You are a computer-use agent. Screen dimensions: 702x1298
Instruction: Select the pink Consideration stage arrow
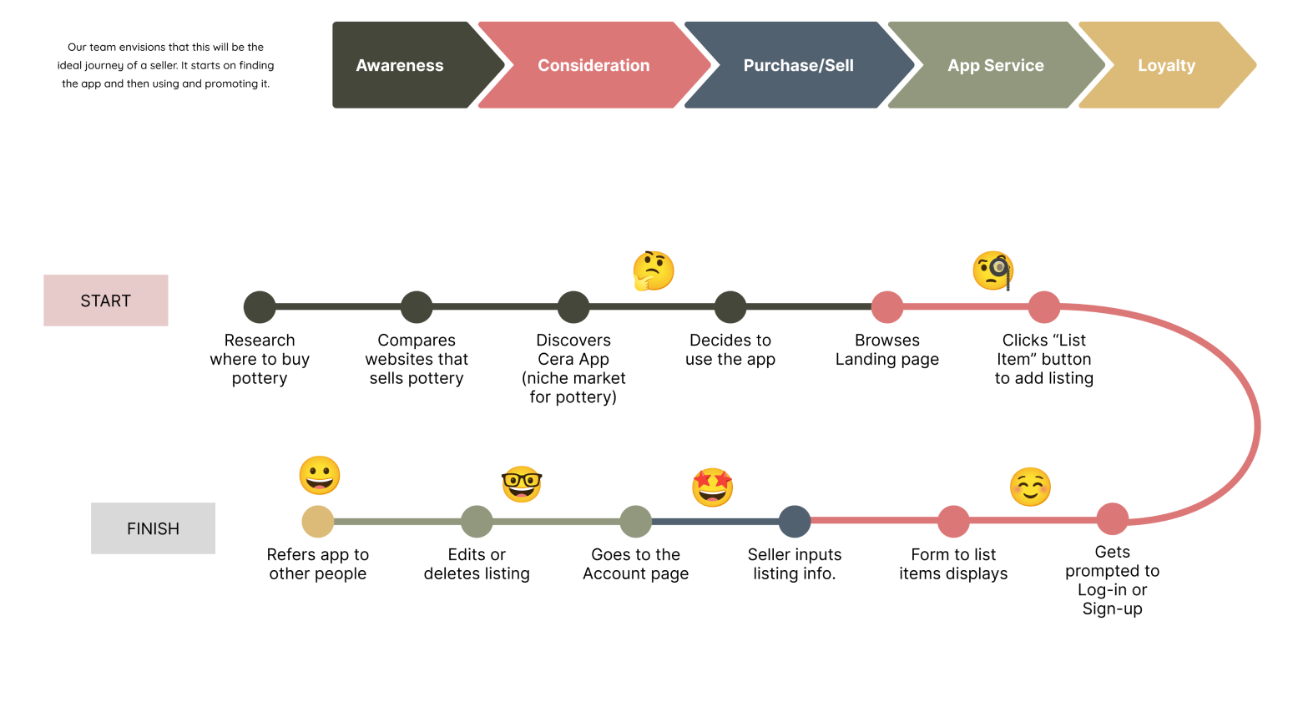(593, 65)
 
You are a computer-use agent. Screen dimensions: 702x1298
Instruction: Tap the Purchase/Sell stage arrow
(798, 65)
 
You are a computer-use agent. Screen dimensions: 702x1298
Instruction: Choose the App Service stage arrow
(995, 65)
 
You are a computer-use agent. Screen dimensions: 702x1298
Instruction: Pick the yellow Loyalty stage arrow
(1166, 65)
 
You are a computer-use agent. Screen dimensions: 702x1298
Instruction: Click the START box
(106, 300)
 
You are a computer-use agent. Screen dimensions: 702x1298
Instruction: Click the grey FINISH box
(153, 528)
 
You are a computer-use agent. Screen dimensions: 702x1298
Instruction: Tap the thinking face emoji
(654, 270)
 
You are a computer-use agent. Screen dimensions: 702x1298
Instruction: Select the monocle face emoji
(993, 270)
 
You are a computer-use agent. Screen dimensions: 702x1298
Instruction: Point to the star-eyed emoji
(713, 487)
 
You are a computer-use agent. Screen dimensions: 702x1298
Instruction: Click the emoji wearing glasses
(522, 484)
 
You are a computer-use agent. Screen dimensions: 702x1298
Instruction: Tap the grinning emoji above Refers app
(320, 476)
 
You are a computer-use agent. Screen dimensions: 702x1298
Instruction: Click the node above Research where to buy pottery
(260, 307)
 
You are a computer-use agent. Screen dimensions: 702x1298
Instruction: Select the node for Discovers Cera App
(573, 307)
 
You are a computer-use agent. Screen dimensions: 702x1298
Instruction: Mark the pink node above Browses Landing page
(887, 307)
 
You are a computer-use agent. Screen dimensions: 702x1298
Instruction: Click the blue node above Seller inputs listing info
(795, 522)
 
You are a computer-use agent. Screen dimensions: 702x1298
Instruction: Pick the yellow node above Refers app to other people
(318, 522)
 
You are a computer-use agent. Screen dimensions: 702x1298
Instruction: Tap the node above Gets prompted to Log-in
(1113, 518)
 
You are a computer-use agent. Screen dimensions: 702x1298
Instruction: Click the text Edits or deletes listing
(477, 564)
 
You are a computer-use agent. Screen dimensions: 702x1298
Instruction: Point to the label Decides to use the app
(730, 350)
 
